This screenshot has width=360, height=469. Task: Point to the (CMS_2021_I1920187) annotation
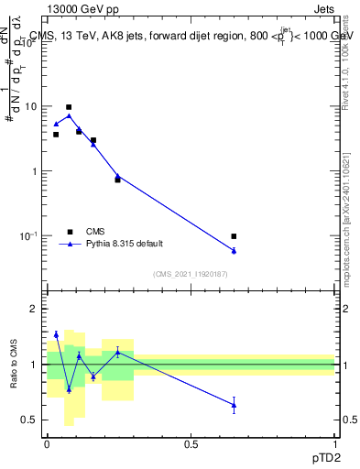point(190,274)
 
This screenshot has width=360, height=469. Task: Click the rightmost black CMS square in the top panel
point(234,236)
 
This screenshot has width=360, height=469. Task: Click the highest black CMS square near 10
point(69,107)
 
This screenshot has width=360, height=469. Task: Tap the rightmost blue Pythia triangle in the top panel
point(234,250)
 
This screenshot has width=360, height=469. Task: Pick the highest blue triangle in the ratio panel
point(56,334)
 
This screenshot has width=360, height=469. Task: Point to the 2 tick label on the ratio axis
point(35,310)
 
